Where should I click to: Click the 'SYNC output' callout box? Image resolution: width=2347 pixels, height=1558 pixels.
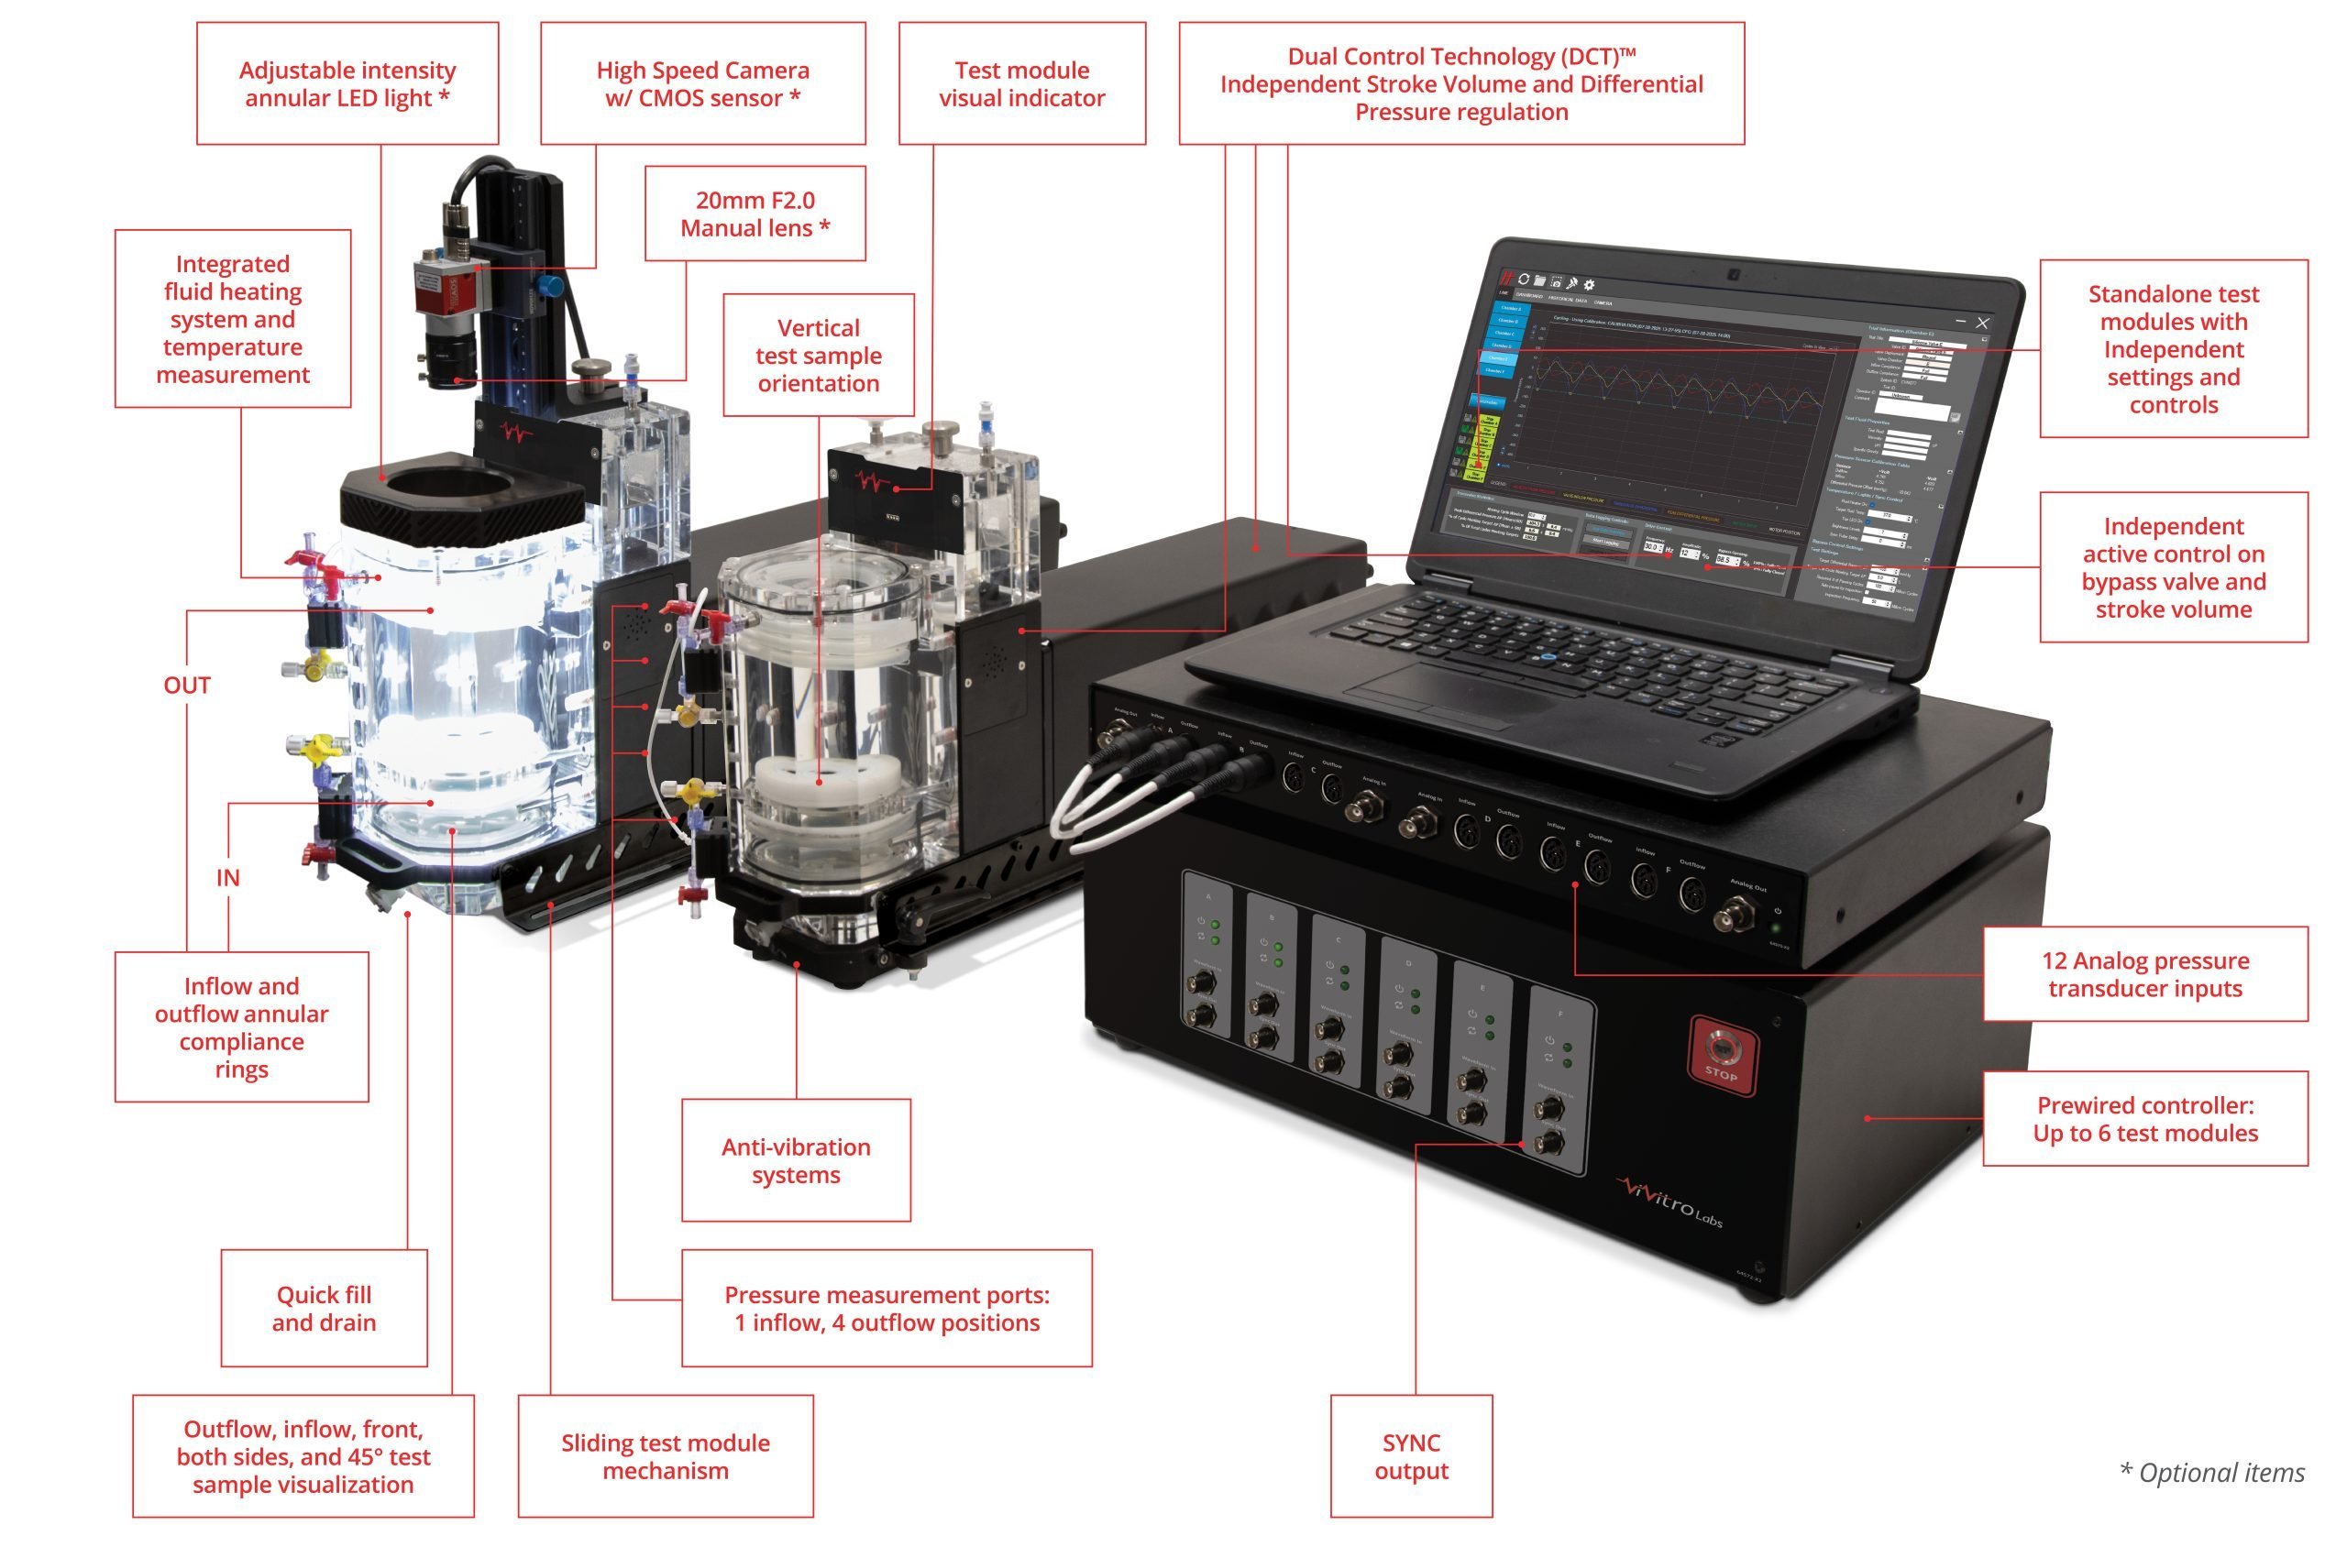pyautogui.click(x=1411, y=1455)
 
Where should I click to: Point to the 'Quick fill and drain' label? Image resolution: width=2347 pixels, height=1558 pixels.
pyautogui.click(x=324, y=1308)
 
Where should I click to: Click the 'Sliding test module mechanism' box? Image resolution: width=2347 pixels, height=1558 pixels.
pyautogui.click(x=665, y=1455)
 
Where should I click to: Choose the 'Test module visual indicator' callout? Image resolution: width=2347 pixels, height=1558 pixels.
pyautogui.click(x=1021, y=83)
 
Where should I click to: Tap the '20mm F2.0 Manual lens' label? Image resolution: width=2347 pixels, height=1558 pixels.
pyautogui.click(x=755, y=214)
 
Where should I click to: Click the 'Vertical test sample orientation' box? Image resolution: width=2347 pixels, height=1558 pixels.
pyautogui.click(x=818, y=355)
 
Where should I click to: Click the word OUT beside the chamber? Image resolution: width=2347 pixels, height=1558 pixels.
pyautogui.click(x=187, y=686)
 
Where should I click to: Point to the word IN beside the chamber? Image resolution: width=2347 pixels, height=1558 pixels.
pyautogui.click(x=227, y=877)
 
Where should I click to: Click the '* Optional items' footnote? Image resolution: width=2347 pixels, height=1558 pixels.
pyautogui.click(x=2212, y=1473)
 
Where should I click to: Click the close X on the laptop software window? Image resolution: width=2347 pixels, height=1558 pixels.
pyautogui.click(x=1982, y=323)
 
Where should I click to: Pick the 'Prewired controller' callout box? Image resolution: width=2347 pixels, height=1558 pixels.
pyautogui.click(x=2144, y=1119)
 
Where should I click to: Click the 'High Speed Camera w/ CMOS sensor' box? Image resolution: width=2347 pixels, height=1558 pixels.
pyautogui.click(x=702, y=83)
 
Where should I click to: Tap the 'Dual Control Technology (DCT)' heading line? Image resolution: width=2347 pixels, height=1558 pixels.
pyautogui.click(x=1461, y=57)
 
